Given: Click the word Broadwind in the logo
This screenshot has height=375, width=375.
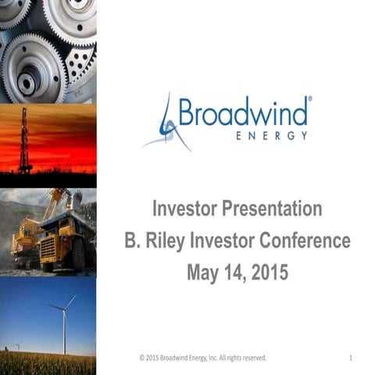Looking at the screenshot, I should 243,112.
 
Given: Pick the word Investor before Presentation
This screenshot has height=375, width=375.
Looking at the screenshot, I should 185,209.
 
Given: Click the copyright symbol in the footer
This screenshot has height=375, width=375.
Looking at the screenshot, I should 141,358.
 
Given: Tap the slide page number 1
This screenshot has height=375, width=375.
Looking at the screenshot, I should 352,358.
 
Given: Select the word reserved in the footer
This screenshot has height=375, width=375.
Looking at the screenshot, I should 251,358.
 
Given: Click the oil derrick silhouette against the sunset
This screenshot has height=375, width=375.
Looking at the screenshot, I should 24,141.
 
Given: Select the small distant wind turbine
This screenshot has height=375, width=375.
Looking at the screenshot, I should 18,344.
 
